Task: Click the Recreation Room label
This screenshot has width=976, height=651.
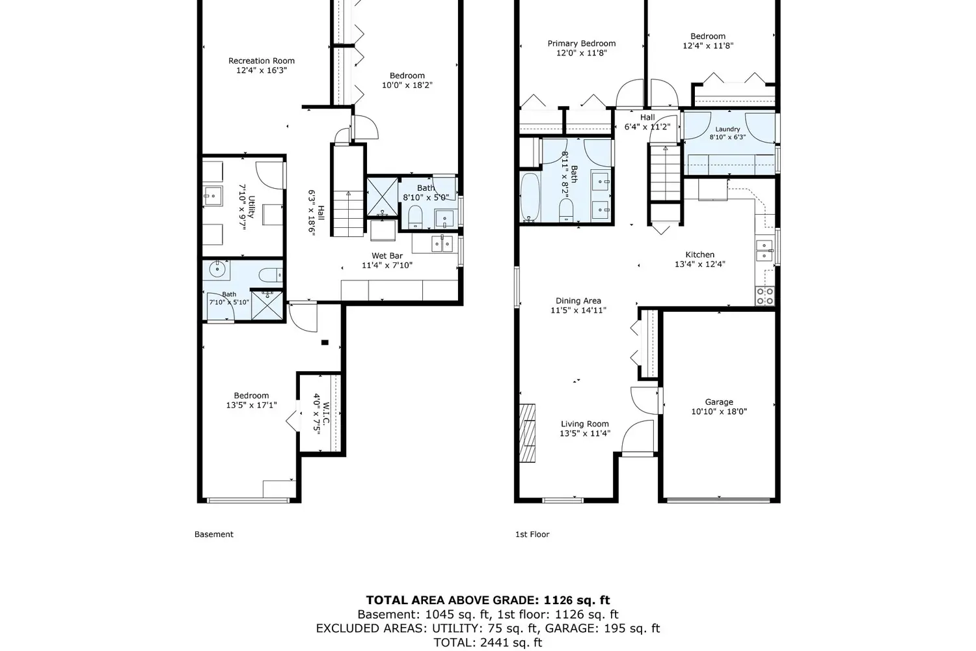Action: click(262, 61)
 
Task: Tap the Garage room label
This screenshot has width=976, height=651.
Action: click(719, 402)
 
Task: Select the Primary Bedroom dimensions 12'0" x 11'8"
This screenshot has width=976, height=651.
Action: click(582, 53)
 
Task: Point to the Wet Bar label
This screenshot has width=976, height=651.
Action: click(387, 255)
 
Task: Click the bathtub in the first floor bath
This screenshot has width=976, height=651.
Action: click(530, 197)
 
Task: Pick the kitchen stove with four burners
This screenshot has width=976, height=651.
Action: click(765, 296)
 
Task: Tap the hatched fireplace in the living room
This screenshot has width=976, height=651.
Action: click(527, 433)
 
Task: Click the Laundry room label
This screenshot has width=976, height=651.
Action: click(727, 129)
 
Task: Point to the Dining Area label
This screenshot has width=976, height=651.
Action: click(578, 300)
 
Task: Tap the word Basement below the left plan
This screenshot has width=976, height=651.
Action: click(214, 534)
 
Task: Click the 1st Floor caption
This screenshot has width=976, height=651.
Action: click(532, 534)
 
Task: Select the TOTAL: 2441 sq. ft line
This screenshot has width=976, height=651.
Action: click(487, 643)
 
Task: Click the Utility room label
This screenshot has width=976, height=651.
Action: click(251, 206)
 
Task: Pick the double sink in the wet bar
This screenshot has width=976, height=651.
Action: click(442, 244)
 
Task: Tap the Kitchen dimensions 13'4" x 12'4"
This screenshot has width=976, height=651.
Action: click(699, 264)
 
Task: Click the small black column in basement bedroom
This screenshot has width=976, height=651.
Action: click(325, 342)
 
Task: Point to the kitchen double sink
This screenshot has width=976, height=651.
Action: click(765, 250)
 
